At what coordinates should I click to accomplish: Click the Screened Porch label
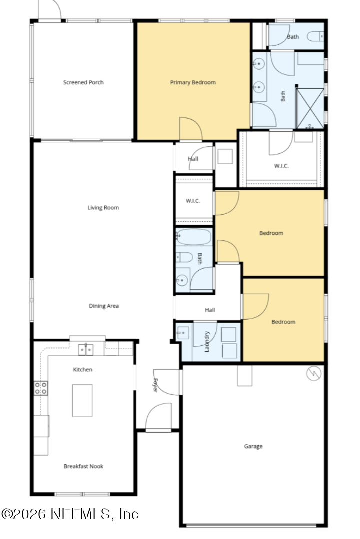83,82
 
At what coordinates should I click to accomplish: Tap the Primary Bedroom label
193,82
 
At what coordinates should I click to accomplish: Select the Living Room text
103,208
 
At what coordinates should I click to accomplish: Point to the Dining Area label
104,306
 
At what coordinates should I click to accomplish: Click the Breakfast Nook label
83,466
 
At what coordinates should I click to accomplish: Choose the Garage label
253,446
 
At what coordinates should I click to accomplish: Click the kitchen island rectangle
82,401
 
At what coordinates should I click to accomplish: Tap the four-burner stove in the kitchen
41,388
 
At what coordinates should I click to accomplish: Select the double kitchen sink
86,349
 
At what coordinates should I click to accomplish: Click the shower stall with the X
310,108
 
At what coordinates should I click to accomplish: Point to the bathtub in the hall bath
194,237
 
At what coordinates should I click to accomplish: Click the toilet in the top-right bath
315,36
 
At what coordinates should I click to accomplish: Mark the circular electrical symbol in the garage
314,373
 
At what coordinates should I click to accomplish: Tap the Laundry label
207,341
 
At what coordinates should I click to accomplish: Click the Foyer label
155,385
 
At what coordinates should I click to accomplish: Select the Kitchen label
83,370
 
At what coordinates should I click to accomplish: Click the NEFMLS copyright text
70,514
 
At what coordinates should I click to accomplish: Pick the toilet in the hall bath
184,257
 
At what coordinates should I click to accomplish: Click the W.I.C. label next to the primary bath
281,166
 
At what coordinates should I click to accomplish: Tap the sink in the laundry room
183,333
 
